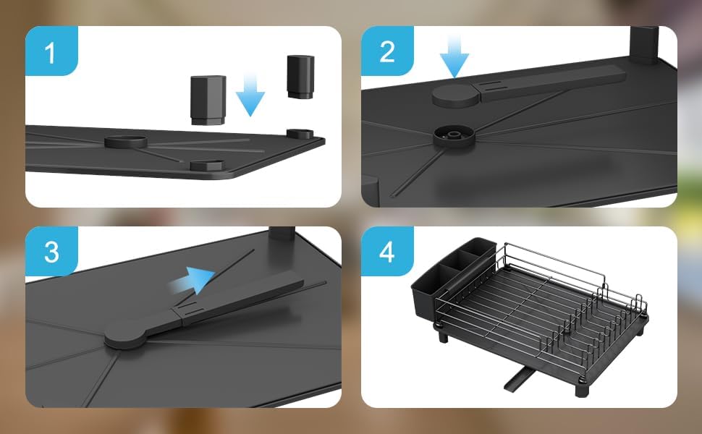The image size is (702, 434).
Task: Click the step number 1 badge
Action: [51, 51]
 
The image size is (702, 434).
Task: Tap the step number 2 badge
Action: [387, 51]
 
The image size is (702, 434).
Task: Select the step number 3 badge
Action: [51, 252]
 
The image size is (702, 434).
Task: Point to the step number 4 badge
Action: [387, 252]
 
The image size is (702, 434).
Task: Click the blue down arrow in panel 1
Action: [250, 95]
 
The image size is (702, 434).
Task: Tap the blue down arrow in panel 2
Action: [454, 56]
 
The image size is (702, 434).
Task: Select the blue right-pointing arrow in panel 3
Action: [192, 281]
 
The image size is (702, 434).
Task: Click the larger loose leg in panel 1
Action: [208, 100]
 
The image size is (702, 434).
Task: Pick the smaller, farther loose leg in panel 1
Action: [300, 77]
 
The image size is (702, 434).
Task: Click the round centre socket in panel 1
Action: [126, 141]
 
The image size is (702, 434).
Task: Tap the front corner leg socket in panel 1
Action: [207, 165]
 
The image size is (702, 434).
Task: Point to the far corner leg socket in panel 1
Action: [300, 133]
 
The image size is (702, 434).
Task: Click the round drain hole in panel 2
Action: [454, 136]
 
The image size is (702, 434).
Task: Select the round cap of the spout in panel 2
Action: [456, 95]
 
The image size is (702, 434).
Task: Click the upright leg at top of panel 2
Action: [644, 46]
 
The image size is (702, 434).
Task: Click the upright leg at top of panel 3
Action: [282, 235]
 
